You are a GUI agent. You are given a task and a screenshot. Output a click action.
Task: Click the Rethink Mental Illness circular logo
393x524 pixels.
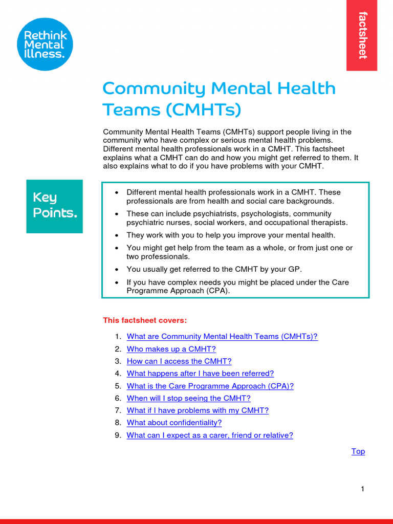(x=45, y=44)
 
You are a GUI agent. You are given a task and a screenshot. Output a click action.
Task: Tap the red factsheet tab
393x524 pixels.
(x=362, y=35)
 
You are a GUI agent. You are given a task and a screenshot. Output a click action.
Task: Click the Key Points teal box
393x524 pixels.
(x=54, y=206)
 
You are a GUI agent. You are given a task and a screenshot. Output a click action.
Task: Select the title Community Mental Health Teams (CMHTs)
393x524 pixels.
(x=219, y=99)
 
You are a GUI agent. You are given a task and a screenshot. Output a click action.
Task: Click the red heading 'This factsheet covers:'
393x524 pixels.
(x=145, y=320)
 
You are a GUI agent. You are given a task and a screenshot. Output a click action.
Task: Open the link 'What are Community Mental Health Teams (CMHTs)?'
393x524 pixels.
(x=222, y=337)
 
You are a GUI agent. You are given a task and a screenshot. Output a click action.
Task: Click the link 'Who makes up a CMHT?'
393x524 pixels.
(x=171, y=349)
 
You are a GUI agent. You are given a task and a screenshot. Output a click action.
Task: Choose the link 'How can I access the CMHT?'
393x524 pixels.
(x=179, y=361)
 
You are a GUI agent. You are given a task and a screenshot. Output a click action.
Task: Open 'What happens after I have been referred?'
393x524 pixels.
(x=200, y=374)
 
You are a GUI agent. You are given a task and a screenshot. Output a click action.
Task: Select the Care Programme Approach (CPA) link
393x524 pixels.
(x=210, y=386)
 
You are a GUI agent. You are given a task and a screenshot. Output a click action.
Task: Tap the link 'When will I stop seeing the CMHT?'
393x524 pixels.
(x=188, y=398)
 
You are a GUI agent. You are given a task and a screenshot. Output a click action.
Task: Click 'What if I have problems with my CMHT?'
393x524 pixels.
(x=198, y=410)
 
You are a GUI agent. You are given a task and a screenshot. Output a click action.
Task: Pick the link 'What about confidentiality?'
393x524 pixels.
(x=174, y=423)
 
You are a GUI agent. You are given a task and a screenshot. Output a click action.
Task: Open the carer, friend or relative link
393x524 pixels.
(x=210, y=435)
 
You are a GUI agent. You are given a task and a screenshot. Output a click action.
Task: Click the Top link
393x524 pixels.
(x=358, y=451)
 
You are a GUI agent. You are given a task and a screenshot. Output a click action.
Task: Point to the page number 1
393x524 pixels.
(x=362, y=489)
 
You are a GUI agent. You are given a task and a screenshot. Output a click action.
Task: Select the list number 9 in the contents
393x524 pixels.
(x=118, y=435)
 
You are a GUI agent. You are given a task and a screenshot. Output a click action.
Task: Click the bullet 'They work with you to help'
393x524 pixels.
(x=230, y=235)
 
